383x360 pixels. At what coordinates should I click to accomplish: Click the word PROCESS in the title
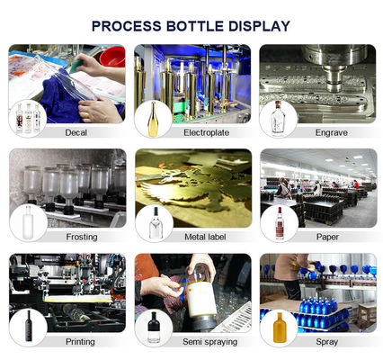click(126, 26)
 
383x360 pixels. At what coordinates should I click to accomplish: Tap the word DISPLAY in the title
click(259, 26)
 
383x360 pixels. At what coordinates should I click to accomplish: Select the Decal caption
click(76, 132)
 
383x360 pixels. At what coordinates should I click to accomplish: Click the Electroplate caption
click(206, 132)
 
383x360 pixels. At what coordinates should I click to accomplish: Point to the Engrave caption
click(331, 132)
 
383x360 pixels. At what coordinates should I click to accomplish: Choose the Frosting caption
click(82, 237)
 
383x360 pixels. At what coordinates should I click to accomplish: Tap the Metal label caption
click(205, 237)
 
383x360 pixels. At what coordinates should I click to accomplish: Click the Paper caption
click(327, 237)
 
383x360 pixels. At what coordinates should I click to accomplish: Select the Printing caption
click(80, 341)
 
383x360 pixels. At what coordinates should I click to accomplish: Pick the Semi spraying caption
click(209, 341)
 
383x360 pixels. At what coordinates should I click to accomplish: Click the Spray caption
click(326, 341)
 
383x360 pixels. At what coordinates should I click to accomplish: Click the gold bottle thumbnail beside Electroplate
click(153, 119)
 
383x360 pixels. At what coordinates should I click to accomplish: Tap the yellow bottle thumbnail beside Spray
click(280, 328)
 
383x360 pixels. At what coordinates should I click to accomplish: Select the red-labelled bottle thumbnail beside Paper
click(280, 223)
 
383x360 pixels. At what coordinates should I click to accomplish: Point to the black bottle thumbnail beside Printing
click(29, 326)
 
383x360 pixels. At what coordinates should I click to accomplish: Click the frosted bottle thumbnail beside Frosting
click(28, 222)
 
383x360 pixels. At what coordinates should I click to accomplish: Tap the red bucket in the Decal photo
click(112, 57)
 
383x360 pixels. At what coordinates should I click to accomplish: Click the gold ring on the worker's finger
click(86, 115)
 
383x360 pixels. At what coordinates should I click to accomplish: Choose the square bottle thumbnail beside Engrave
click(277, 119)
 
